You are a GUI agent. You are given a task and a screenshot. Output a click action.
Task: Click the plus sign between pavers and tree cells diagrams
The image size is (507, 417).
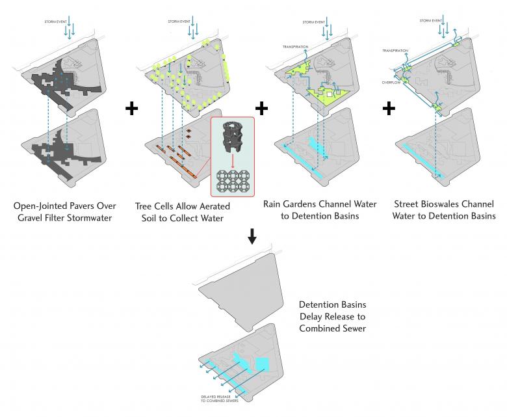click(131, 109)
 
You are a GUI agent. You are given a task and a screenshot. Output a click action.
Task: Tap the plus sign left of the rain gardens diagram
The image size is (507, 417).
click(262, 108)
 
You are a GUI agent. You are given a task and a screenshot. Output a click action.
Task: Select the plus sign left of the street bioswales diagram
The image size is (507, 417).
click(388, 108)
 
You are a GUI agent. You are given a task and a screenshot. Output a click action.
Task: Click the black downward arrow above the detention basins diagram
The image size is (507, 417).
click(253, 238)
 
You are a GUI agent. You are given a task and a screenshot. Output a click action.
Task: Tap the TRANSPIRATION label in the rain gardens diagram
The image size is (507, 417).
click(296, 47)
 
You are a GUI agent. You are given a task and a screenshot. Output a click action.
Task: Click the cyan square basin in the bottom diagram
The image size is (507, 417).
click(263, 363)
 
